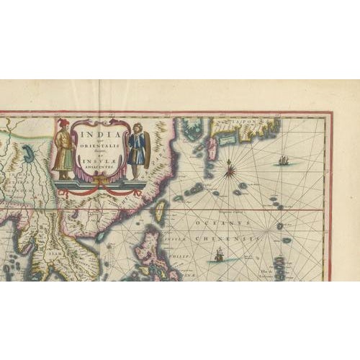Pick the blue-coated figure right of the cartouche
pos(136,149)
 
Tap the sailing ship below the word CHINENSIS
pos(219,253)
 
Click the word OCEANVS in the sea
pos(209,223)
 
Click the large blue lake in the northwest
pos(28,153)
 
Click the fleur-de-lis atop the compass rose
pos(230,163)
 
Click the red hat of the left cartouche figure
pos(63,122)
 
